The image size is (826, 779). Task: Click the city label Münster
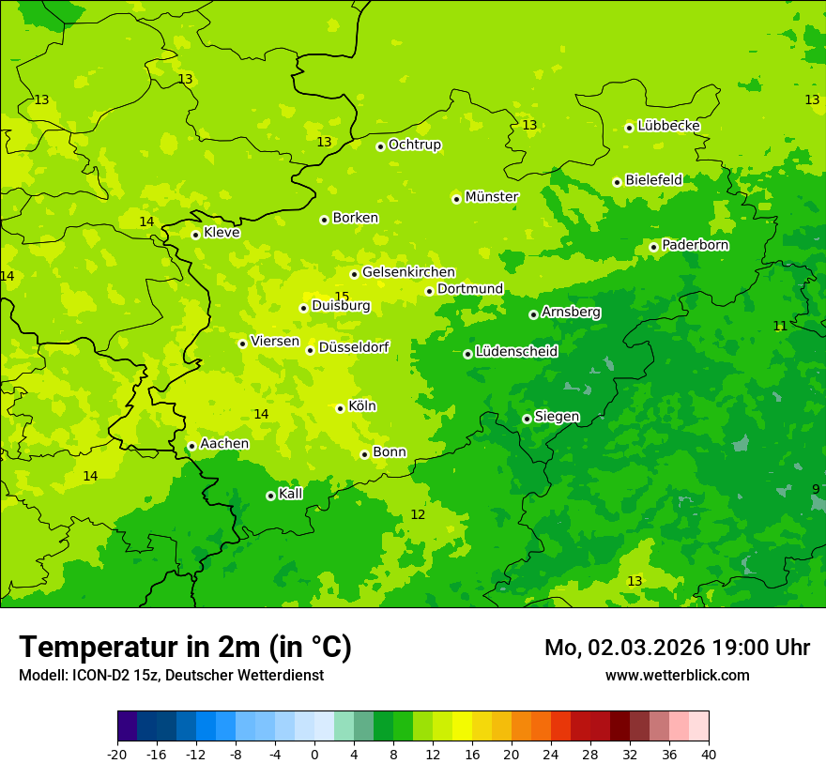point(492,197)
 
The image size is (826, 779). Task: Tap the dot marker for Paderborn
point(653,247)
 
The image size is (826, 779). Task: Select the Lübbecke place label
point(668,126)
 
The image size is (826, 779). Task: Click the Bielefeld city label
point(653,180)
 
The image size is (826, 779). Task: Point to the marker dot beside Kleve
point(195,235)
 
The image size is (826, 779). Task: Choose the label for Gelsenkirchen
point(408,272)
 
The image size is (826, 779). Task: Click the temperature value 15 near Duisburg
point(342,297)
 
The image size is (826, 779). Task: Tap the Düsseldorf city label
point(354,347)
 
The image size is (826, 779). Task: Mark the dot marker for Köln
point(340,408)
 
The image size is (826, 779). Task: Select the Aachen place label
point(224,444)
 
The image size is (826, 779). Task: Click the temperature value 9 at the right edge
point(815,489)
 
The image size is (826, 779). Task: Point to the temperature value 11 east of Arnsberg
point(780,326)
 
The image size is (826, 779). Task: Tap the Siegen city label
point(557,417)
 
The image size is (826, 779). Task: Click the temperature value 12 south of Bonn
point(418,514)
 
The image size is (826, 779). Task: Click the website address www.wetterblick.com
point(677,676)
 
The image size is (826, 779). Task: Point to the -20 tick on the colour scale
point(117,754)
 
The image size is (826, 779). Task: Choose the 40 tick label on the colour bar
point(708,754)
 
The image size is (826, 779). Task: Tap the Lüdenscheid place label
point(516,352)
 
